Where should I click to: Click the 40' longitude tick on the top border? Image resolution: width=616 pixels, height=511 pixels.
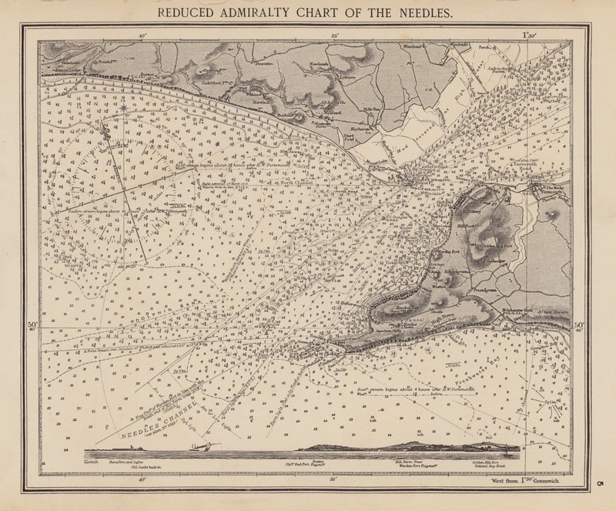[142, 35]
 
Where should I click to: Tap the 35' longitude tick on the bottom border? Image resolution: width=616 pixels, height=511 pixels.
[333, 479]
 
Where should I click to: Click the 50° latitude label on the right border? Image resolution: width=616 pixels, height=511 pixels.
[579, 325]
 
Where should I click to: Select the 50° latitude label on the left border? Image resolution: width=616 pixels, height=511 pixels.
[32, 325]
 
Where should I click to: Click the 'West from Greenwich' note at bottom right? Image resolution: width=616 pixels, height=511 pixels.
[532, 481]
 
